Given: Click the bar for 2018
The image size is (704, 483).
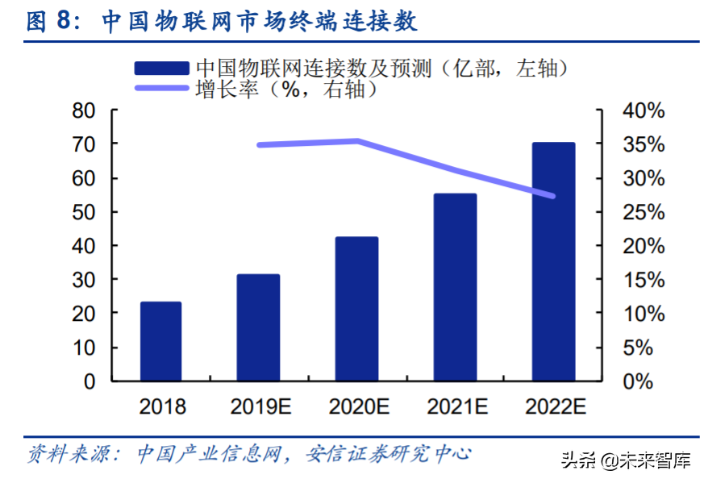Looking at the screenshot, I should point(160,340).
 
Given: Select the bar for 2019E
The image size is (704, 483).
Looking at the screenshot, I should point(258,327).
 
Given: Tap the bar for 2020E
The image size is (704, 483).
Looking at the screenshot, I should point(356,308).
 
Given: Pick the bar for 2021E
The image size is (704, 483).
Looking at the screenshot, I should point(455,286).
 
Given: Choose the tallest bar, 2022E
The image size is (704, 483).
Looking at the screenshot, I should point(553,261).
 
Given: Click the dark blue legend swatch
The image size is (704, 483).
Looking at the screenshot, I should point(162,69).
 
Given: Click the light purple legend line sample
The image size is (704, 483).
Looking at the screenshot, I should point(162,89).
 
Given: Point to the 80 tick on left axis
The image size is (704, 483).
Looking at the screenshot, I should point(83,110).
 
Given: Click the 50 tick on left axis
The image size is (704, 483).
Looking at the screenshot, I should point(83,212).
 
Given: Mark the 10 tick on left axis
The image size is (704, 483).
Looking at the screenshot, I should point(83,348).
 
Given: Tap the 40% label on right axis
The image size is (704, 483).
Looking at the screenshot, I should point(643,110).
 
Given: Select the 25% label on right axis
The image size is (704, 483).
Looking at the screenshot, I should point(643,212).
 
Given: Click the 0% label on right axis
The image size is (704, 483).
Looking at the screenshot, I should point(637,381).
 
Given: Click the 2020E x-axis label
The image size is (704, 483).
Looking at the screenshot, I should point(356,406).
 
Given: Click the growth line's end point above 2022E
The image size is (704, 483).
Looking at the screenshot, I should point(552,196).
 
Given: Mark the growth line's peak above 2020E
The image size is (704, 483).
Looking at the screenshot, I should point(357,141).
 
